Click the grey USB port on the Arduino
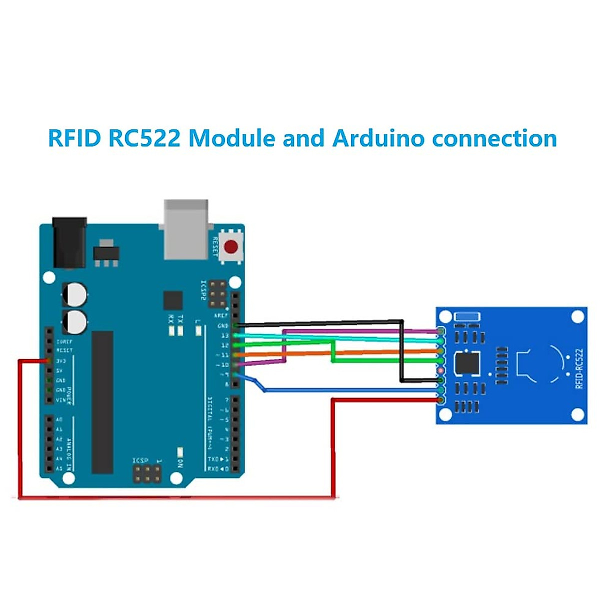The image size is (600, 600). (x=186, y=229)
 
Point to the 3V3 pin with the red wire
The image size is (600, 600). (x=48, y=360)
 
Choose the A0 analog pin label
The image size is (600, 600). (x=59, y=419)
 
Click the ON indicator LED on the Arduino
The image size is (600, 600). (x=180, y=452)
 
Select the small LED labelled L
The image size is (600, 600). (x=198, y=330)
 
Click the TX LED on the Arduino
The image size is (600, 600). (x=180, y=330)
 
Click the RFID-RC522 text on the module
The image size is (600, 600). (x=579, y=368)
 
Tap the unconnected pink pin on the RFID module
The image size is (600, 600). (x=440, y=370)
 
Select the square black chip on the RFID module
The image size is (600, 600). (x=467, y=363)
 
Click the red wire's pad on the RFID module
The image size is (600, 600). (x=440, y=399)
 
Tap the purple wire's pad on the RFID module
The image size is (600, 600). (x=440, y=331)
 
